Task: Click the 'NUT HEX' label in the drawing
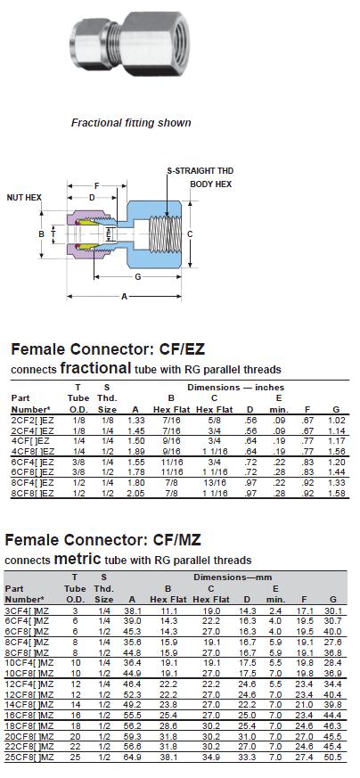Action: [24, 198]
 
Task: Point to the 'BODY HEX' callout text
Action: [211, 184]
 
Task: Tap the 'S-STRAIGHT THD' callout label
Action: [200, 171]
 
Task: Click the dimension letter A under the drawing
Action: [125, 297]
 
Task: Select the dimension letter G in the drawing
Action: [138, 277]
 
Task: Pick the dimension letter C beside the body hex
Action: [190, 233]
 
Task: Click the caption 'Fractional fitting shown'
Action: [131, 123]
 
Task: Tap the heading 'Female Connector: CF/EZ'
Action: [108, 349]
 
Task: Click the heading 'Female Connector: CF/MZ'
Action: [102, 539]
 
